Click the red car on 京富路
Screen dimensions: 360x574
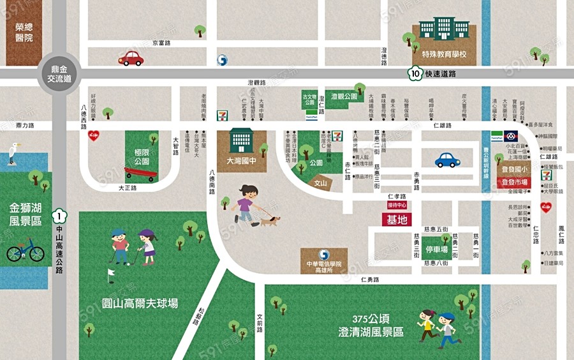(131, 59)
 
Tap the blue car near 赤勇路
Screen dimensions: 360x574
(448, 160)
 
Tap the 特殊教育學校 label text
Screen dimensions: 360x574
(444, 55)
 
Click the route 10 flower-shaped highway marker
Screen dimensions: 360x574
(416, 73)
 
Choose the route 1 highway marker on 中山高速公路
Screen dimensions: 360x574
(59, 216)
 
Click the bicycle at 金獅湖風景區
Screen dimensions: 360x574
(26, 250)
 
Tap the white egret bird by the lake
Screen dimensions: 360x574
(12, 154)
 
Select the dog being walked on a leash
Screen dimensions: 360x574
(270, 221)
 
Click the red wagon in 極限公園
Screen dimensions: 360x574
(140, 172)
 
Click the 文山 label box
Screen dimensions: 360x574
(321, 183)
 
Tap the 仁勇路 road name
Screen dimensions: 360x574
(369, 280)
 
